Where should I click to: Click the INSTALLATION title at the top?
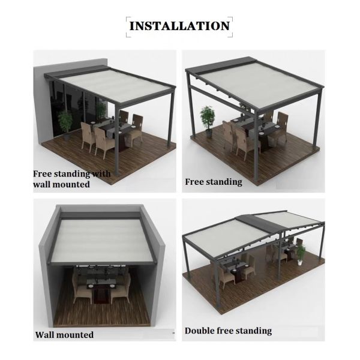[179, 26]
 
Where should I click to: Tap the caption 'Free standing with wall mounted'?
[71, 179]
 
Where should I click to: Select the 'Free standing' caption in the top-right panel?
[214, 182]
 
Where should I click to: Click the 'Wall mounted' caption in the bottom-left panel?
[64, 335]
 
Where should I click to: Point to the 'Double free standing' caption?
[228, 331]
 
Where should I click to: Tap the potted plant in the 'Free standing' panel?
[208, 122]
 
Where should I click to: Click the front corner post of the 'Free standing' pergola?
[256, 147]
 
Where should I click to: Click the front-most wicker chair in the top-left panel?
[103, 142]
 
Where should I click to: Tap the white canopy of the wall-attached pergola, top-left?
[115, 85]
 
